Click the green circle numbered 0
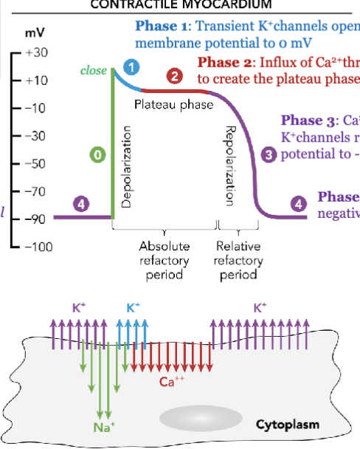click(x=97, y=154)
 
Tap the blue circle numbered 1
click(x=131, y=68)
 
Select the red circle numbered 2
click(x=173, y=76)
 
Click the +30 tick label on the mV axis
click(x=35, y=54)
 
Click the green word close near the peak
click(x=94, y=71)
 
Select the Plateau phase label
click(x=173, y=106)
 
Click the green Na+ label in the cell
click(x=101, y=425)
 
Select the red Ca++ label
click(x=170, y=382)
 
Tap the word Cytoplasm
click(x=287, y=425)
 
